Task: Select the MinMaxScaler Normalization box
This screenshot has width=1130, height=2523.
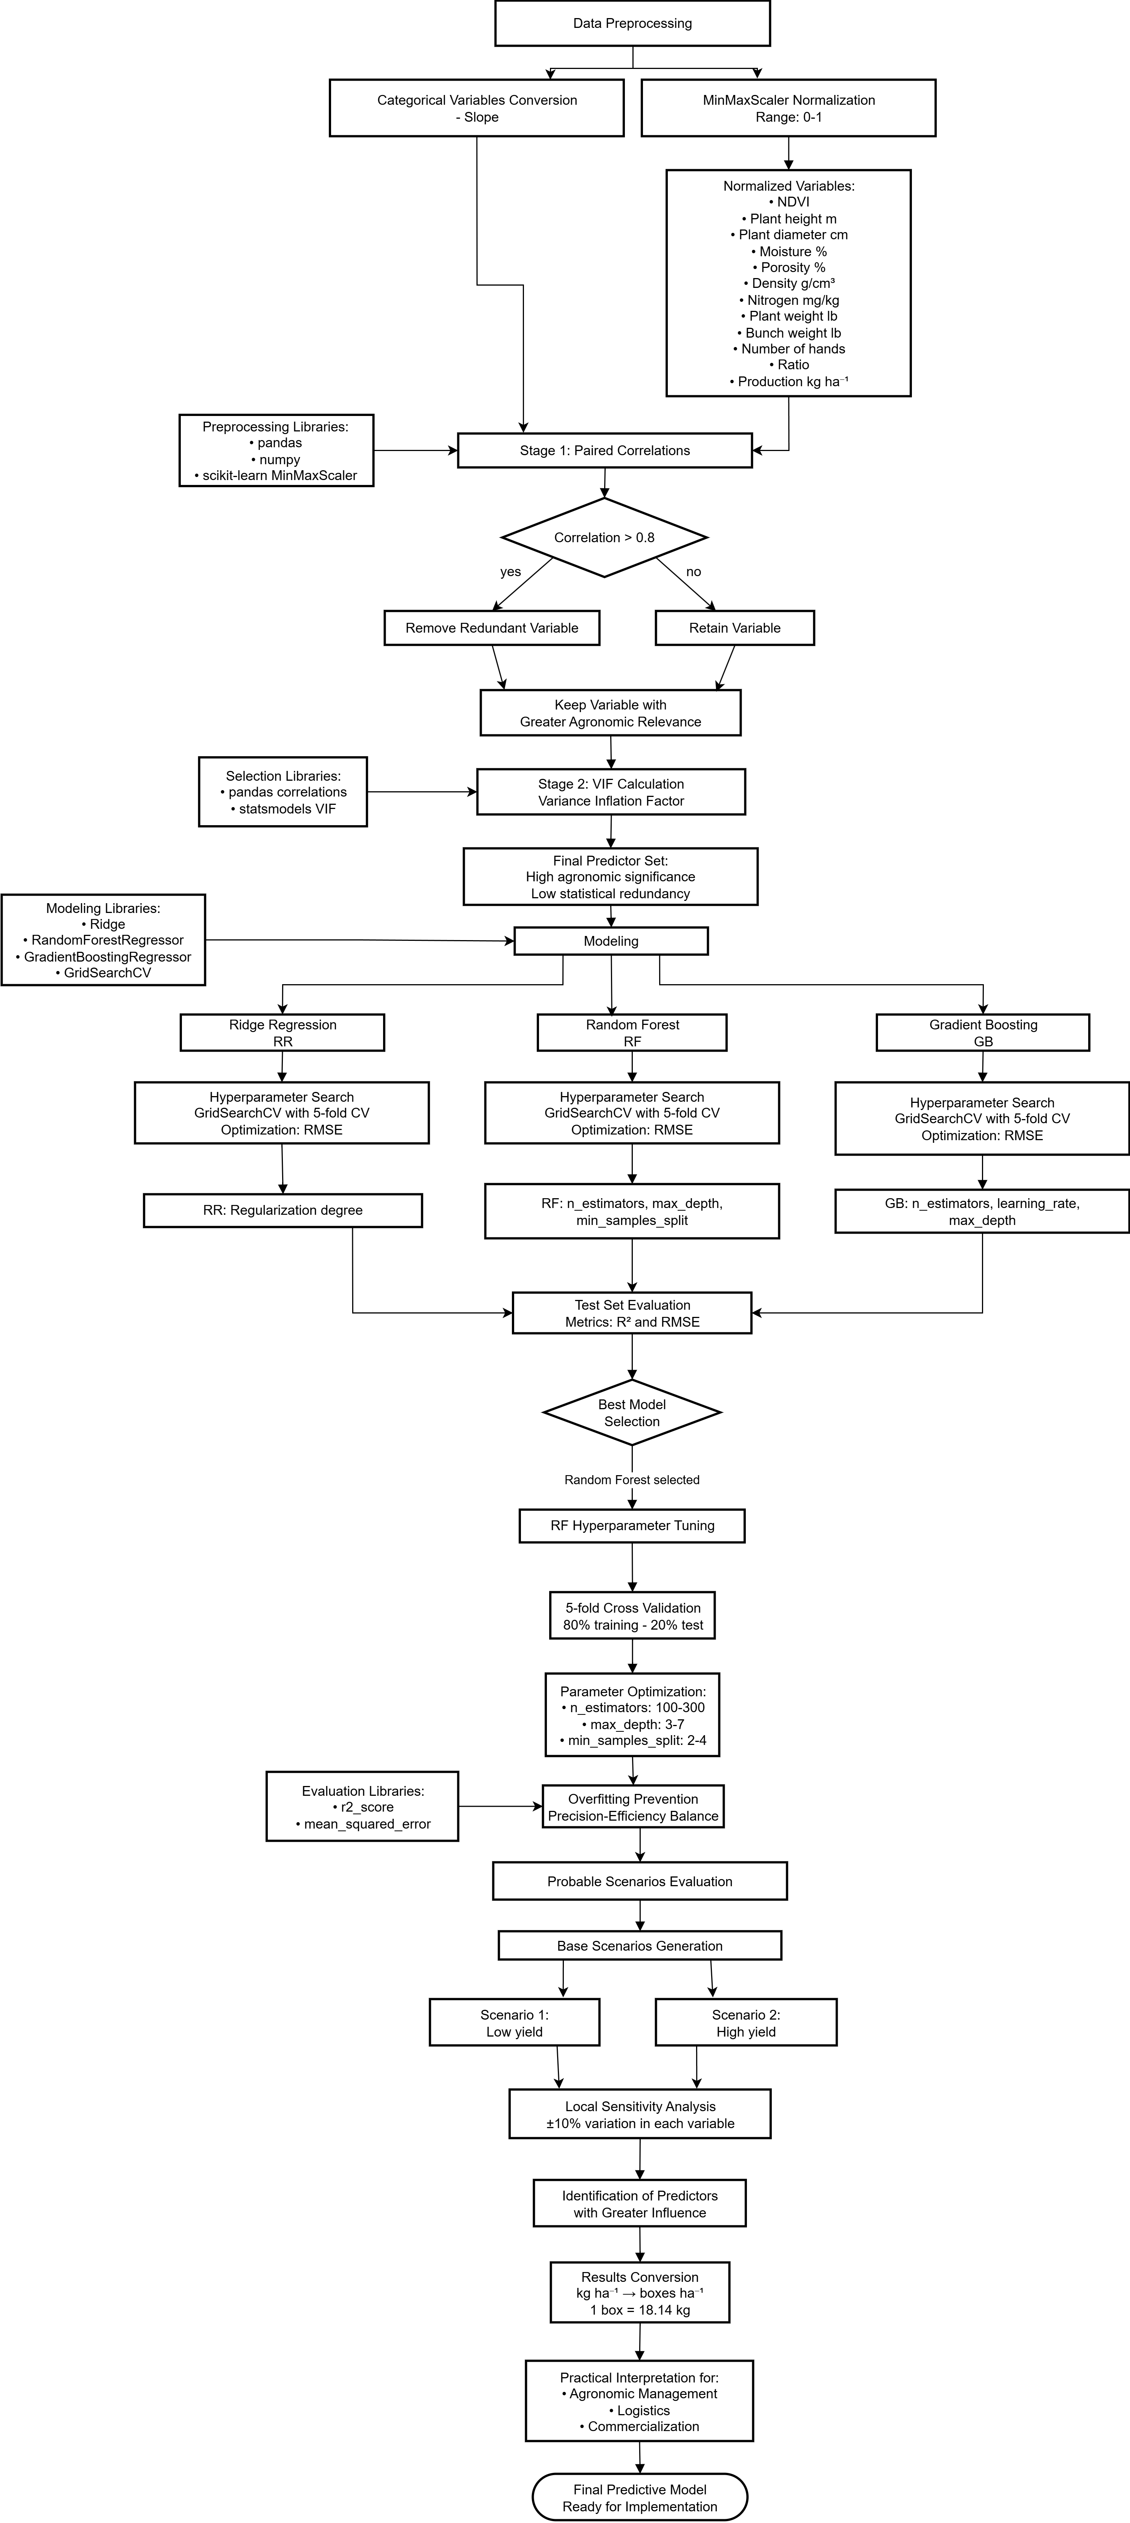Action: tap(788, 108)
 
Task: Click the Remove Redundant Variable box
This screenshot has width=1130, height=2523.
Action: tap(492, 628)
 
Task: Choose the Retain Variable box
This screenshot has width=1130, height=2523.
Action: tap(734, 628)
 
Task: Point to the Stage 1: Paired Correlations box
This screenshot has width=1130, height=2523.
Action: tap(604, 451)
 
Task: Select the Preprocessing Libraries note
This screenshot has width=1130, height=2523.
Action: tap(276, 451)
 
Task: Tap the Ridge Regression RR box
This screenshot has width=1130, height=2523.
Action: tap(282, 1032)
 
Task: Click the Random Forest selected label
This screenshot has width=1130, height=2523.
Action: tap(632, 1480)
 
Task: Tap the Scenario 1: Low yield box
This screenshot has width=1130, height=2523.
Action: tap(514, 2023)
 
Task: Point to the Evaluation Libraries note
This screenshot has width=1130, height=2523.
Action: tap(362, 1806)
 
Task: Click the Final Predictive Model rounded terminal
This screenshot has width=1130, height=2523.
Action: tap(640, 2497)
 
